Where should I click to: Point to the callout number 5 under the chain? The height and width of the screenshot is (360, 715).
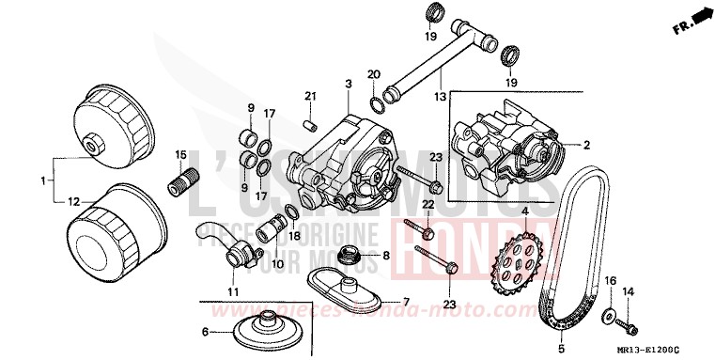tap(562, 346)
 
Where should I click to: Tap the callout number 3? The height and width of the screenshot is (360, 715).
tap(348, 84)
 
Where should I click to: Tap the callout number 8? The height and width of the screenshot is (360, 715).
tap(385, 256)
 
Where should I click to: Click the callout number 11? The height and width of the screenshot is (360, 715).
tap(233, 291)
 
